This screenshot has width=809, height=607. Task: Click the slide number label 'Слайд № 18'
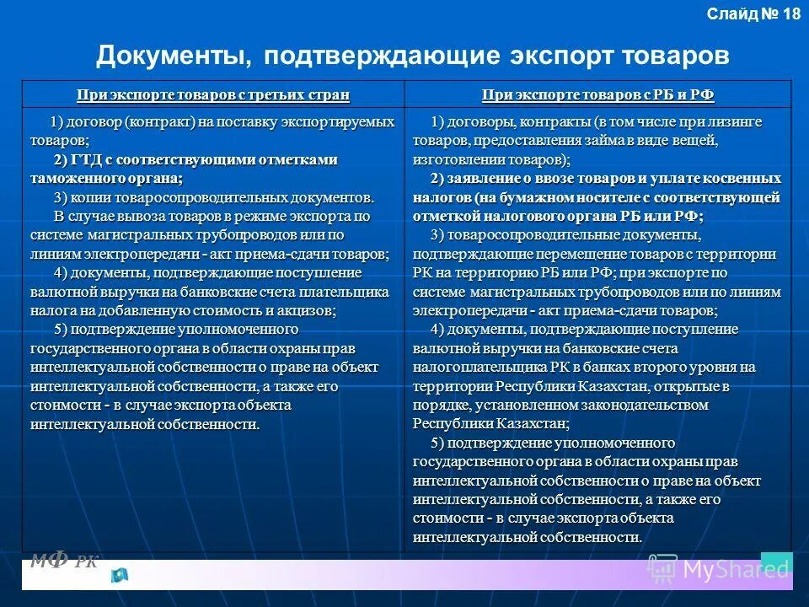tap(753, 14)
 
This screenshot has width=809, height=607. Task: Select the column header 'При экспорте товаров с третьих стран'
tap(212, 94)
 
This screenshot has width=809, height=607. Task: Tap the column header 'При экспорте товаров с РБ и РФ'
tap(597, 94)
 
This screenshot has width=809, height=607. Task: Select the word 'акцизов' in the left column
tap(305, 310)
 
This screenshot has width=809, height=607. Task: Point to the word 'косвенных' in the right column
tap(747, 179)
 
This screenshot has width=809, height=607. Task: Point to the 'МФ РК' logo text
tap(64, 560)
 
